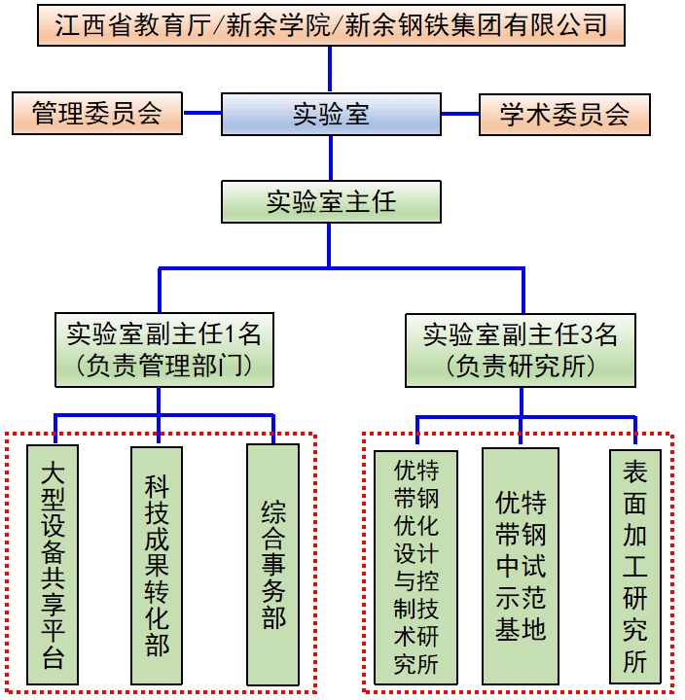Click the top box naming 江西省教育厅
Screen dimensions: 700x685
[x=331, y=25]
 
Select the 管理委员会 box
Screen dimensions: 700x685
[x=97, y=113]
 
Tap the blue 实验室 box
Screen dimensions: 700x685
[x=331, y=114]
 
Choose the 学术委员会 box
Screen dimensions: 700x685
[x=564, y=114]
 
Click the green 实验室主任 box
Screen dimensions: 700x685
[x=331, y=201]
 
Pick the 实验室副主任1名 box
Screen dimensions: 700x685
[x=163, y=349]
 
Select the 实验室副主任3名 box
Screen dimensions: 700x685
[x=521, y=349]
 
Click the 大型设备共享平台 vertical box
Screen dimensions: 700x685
[x=54, y=565]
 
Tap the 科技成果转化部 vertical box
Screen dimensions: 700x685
[x=157, y=565]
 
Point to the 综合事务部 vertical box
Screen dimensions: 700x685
[x=273, y=565]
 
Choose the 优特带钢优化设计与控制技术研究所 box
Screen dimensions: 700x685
[x=415, y=567]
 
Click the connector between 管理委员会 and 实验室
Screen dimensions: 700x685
[x=202, y=113]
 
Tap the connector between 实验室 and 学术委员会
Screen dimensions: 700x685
[x=459, y=114]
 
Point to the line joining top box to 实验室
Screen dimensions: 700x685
[x=331, y=69]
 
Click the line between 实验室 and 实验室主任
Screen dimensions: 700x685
[x=331, y=157]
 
